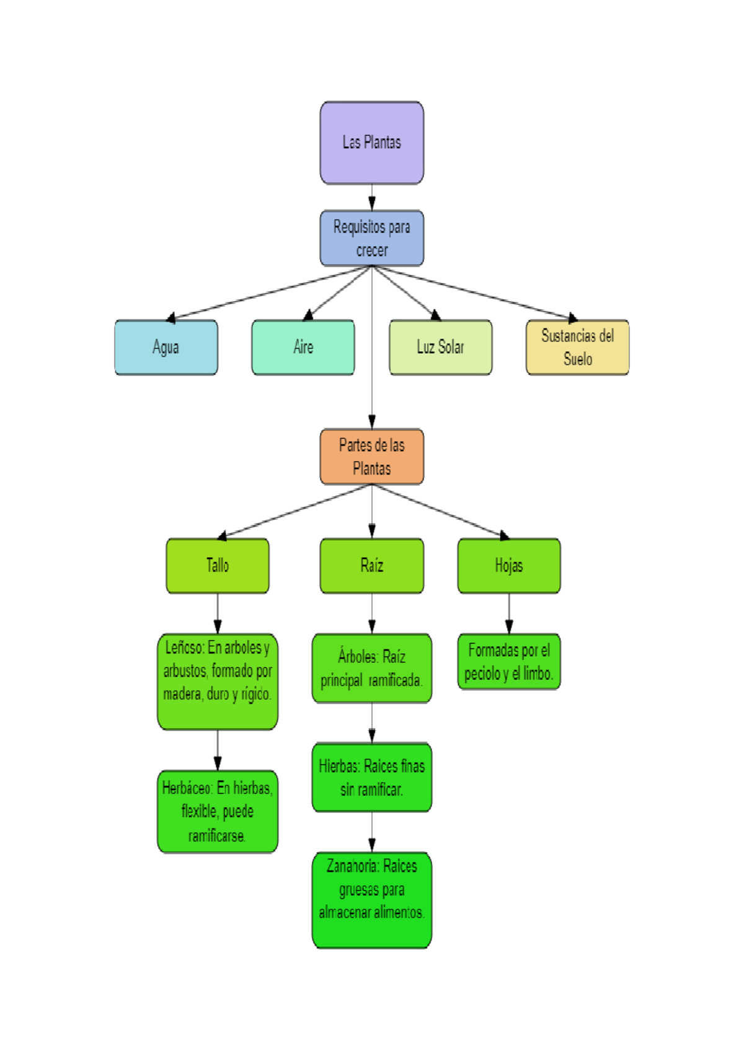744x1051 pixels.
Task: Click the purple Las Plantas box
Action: pos(371,143)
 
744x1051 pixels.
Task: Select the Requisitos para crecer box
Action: pos(371,238)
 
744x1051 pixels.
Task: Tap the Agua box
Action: pos(166,347)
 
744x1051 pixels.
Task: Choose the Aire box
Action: pos(303,347)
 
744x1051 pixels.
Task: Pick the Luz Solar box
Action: pos(440,347)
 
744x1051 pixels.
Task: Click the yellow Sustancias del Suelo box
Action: pos(577,347)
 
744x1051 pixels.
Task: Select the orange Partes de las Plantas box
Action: pos(371,456)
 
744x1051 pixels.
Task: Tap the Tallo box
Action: pos(217,565)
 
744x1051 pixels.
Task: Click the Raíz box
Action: pos(371,565)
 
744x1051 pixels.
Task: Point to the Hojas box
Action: pos(508,565)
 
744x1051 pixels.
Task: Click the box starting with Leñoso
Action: pos(217,680)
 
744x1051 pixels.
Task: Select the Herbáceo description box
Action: pos(217,811)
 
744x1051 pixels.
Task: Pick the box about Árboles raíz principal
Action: pos(371,668)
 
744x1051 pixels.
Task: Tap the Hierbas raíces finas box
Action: pos(371,777)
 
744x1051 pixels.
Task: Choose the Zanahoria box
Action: pos(371,899)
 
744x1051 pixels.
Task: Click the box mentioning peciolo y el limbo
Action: pos(508,661)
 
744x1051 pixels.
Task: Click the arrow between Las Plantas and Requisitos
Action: pos(371,198)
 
